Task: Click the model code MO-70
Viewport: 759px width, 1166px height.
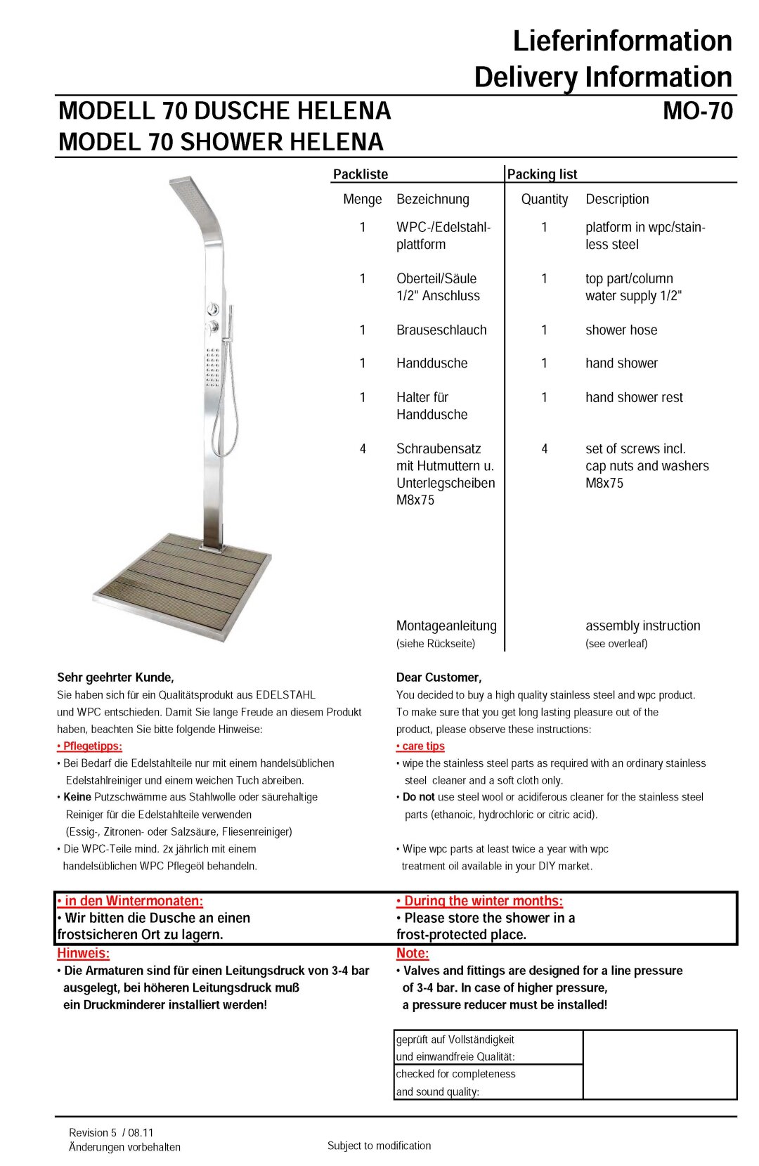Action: tap(697, 111)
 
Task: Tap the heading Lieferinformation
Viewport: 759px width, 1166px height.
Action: tap(622, 41)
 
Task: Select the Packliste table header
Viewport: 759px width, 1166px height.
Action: tap(360, 174)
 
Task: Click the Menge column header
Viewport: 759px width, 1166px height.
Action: tap(362, 199)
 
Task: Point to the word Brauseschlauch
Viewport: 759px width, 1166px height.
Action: tap(441, 330)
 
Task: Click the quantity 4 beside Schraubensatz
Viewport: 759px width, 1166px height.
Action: tap(363, 448)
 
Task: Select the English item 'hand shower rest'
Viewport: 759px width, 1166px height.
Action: tap(633, 397)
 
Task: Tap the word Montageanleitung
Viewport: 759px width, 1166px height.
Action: tap(446, 626)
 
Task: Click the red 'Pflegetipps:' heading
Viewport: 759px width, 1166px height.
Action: tap(90, 746)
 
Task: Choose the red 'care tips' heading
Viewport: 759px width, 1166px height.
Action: tap(421, 746)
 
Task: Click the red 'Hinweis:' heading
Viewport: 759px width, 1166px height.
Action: tap(83, 953)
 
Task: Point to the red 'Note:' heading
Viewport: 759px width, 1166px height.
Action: tap(413, 953)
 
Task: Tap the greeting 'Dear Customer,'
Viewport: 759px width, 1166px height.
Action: tap(439, 678)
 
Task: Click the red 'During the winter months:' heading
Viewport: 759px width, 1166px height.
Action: tap(480, 901)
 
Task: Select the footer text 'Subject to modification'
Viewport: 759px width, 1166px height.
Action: tap(379, 1146)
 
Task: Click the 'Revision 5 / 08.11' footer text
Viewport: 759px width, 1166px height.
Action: tap(111, 1132)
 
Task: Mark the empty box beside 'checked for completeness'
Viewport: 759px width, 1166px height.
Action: tap(659, 1065)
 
